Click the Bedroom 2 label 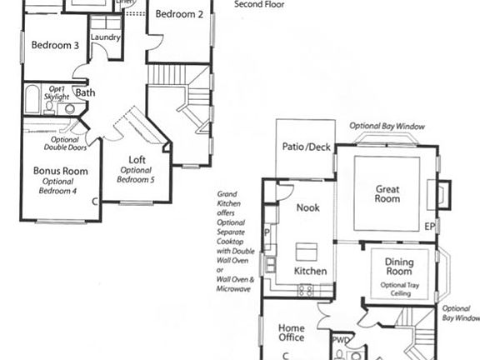click(179, 14)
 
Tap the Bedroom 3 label click(55, 46)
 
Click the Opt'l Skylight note click(57, 92)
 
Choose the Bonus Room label click(60, 171)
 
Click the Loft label click(137, 160)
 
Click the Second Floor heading click(259, 4)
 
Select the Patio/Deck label click(306, 147)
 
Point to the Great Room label click(387, 194)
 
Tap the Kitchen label click(310, 272)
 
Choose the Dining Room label click(399, 267)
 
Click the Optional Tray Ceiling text click(399, 289)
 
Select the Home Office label click(292, 332)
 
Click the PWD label click(341, 340)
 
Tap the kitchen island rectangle click(307, 249)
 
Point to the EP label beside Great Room click(430, 227)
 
